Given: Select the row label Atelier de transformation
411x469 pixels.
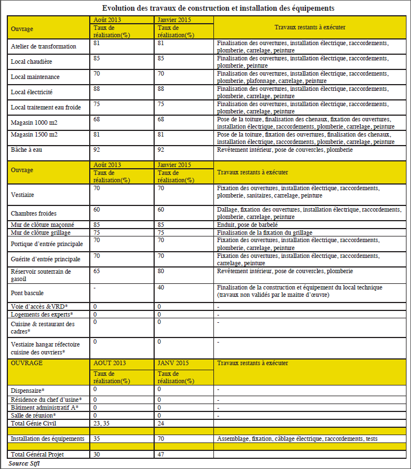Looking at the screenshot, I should (43, 46).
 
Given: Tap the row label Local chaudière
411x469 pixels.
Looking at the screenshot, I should (32, 61).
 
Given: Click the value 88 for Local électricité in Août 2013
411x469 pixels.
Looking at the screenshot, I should (97, 88).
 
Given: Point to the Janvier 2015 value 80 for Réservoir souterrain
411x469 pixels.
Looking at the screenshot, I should (161, 271).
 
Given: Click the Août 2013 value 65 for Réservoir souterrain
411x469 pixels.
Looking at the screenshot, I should (97, 271).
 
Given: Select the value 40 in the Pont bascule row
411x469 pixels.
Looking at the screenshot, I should (161, 287).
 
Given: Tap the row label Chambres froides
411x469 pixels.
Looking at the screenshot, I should (34, 213).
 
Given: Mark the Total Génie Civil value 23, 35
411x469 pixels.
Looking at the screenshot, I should (101, 423).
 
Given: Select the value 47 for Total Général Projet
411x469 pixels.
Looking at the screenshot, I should (161, 454).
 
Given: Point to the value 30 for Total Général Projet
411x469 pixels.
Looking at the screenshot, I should (97, 454).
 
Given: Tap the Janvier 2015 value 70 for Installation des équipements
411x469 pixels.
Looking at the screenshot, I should (161, 438).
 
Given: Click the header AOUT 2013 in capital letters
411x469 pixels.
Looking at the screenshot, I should (111, 363).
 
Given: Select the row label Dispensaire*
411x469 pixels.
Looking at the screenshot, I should (28, 391).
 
